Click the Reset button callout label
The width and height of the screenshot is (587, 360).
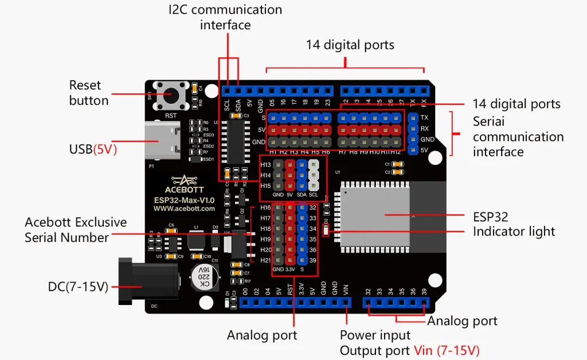pos(88,93)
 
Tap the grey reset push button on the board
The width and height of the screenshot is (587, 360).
pos(170,95)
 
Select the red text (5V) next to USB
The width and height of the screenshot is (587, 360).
pos(105,150)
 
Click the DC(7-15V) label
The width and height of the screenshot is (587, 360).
pos(78,286)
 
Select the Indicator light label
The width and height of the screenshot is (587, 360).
pos(514,232)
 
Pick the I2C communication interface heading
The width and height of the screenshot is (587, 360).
pos(225,17)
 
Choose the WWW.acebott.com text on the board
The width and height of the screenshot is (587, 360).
pos(184,209)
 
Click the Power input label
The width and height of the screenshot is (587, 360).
pos(375,335)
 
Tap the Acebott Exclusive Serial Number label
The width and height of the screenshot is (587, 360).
pos(75,229)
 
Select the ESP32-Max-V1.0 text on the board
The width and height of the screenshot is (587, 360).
pos(184,200)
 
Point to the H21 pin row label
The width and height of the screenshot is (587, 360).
pos(265,260)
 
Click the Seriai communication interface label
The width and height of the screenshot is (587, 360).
pos(518,136)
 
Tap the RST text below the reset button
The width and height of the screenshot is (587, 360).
pos(170,115)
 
